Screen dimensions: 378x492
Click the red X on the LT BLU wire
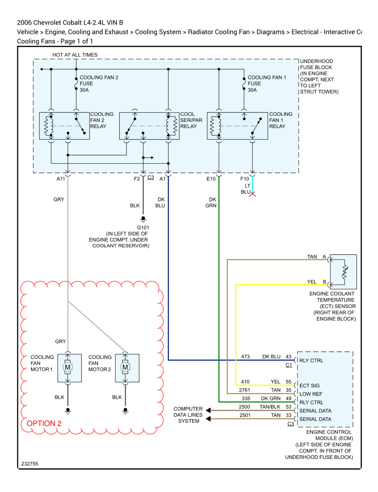[252, 194]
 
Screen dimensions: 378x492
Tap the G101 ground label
[143, 227]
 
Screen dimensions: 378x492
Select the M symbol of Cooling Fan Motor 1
[68, 367]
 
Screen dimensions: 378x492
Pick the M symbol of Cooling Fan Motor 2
[125, 367]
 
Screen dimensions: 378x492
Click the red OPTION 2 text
[44, 423]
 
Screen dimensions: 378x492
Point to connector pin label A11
[61, 179]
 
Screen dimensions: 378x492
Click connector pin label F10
[245, 179]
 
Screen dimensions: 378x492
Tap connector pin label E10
[211, 179]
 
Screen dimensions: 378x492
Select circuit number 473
[245, 356]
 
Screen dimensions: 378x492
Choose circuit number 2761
[244, 390]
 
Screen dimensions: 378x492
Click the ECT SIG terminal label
[309, 386]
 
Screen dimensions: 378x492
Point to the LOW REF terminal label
[310, 394]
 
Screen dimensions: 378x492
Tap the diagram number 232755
[30, 464]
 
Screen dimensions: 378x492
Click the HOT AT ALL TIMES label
[75, 55]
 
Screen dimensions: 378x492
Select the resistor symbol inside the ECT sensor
[344, 272]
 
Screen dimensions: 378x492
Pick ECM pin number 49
[288, 398]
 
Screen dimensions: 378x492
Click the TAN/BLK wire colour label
[270, 407]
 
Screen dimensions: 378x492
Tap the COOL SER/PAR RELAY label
[191, 120]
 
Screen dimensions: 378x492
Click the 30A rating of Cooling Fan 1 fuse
[252, 90]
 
